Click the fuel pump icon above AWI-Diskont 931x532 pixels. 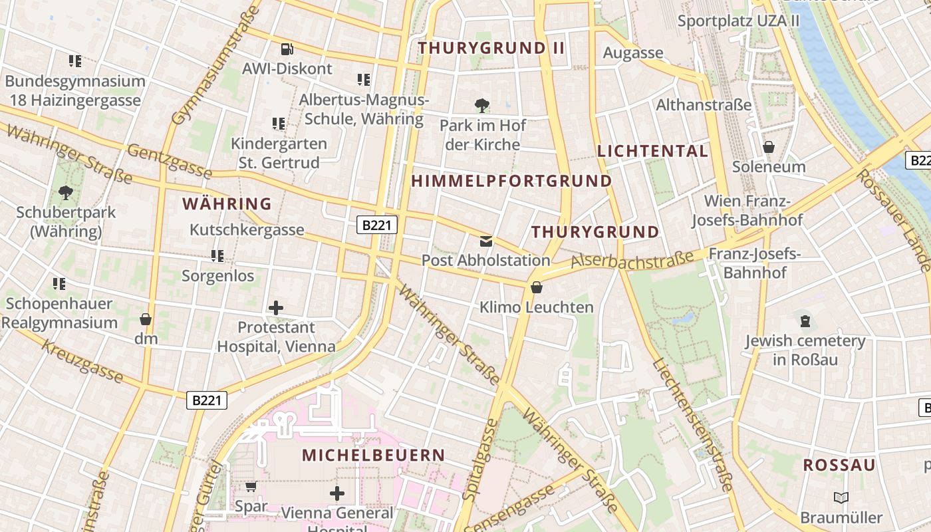point(287,49)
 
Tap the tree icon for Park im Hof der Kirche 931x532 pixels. point(482,105)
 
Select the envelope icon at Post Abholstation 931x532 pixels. point(486,241)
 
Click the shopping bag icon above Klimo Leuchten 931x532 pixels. point(536,287)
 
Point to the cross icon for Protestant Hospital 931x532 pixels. point(276,307)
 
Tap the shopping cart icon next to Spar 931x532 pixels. point(251,487)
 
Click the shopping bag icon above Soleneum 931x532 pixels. point(769,147)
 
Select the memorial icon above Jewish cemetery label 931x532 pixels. point(805,322)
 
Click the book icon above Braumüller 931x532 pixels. point(841,497)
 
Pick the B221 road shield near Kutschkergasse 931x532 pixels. point(376,225)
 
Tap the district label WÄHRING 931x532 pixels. point(227,203)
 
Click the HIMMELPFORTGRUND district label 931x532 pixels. point(511,181)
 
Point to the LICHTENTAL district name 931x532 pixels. point(652,151)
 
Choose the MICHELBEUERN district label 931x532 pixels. point(373,456)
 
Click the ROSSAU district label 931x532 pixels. point(839,465)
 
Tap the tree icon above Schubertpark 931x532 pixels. point(65,194)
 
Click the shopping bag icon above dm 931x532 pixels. point(146,320)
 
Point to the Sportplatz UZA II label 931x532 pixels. point(738,21)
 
